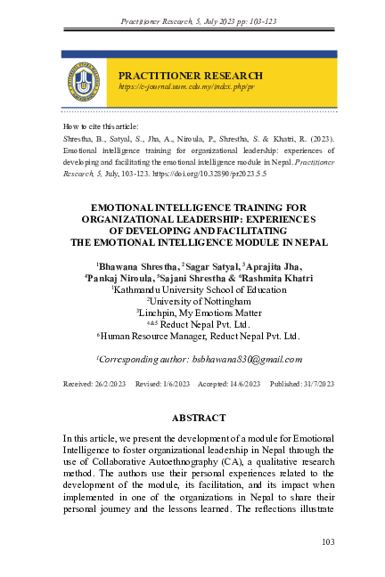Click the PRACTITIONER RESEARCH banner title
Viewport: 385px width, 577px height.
click(x=190, y=76)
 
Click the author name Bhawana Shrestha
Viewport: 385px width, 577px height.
click(x=137, y=265)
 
